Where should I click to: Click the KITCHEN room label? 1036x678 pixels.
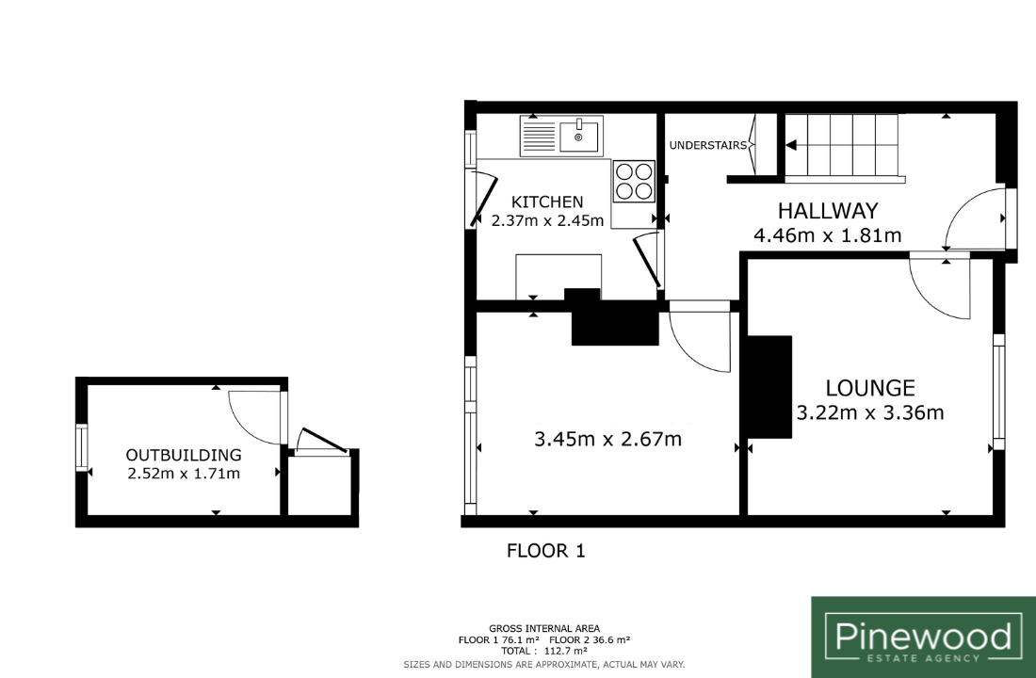pyautogui.click(x=548, y=202)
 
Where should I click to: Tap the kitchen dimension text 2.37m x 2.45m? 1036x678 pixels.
pyautogui.click(x=548, y=220)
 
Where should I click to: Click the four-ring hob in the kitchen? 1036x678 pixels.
pyautogui.click(x=634, y=181)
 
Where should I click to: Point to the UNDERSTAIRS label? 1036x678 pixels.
pyautogui.click(x=707, y=145)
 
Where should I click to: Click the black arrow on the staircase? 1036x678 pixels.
pyautogui.click(x=791, y=145)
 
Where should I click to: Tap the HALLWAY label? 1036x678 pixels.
pyautogui.click(x=828, y=211)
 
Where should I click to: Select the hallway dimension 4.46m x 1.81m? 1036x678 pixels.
pyautogui.click(x=827, y=234)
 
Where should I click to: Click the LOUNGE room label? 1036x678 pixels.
pyautogui.click(x=870, y=388)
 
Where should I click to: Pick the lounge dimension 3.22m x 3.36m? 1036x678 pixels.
pyautogui.click(x=870, y=413)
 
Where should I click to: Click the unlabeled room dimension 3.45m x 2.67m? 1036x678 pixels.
pyautogui.click(x=607, y=439)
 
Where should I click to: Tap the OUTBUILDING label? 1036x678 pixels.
pyautogui.click(x=184, y=455)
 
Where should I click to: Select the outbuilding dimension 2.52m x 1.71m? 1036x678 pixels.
pyautogui.click(x=184, y=473)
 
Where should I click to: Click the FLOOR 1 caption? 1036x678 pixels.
pyautogui.click(x=545, y=551)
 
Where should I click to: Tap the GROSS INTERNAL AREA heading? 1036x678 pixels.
pyautogui.click(x=544, y=628)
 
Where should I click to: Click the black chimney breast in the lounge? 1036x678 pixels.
pyautogui.click(x=769, y=387)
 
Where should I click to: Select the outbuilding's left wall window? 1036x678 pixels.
pyautogui.click(x=82, y=447)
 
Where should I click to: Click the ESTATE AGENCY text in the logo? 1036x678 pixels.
pyautogui.click(x=923, y=658)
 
